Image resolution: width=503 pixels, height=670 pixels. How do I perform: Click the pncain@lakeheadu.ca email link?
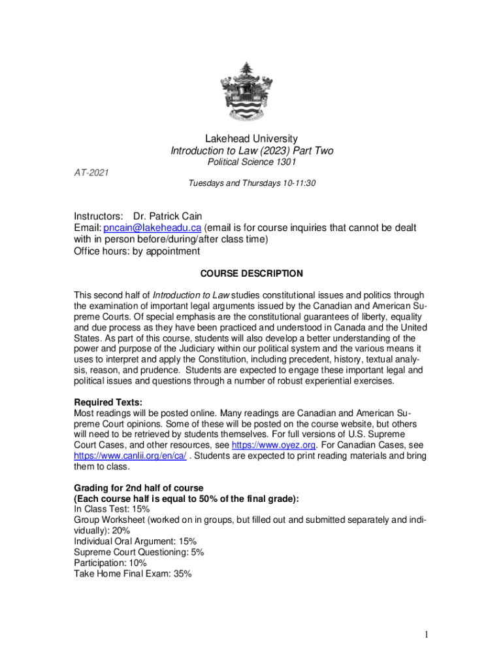click(153, 227)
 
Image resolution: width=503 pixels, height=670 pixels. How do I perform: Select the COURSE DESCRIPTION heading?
click(252, 273)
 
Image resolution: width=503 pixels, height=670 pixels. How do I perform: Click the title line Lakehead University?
click(252, 139)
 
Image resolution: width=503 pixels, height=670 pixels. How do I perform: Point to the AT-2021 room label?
click(91, 172)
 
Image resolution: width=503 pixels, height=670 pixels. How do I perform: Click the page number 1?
click(425, 635)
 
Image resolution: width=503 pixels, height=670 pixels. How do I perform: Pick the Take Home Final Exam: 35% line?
click(132, 574)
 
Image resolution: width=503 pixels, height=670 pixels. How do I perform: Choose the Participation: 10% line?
click(110, 563)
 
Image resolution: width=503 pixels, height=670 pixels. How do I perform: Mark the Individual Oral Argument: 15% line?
click(135, 541)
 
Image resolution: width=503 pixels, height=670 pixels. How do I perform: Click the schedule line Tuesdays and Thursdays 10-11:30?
click(252, 184)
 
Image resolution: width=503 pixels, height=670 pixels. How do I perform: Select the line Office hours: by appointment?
click(137, 251)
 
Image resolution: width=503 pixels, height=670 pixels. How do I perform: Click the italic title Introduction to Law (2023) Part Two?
click(252, 151)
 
